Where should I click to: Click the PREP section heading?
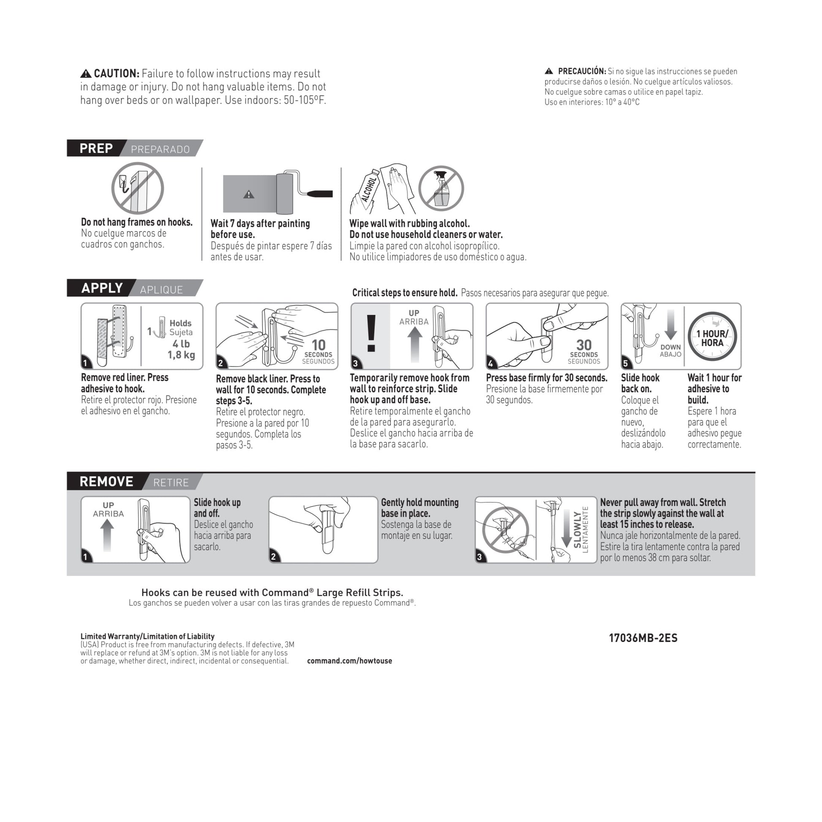pos(96,149)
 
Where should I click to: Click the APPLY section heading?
pos(102,288)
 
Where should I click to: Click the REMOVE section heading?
pos(106,481)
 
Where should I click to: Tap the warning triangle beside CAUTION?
pos(86,73)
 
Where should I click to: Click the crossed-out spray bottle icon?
pos(441,188)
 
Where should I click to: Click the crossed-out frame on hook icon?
pos(137,188)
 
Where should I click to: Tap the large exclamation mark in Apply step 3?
pos(371,334)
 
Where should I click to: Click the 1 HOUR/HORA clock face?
pos(712,337)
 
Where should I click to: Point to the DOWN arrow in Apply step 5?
pos(670,324)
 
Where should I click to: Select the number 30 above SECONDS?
pos(584,345)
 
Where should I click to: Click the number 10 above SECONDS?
pos(318,345)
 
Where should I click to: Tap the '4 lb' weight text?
pos(181,344)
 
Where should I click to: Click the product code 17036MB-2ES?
pos(643,638)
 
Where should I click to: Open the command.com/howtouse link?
pos(349,661)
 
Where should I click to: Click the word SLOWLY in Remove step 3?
pos(577,529)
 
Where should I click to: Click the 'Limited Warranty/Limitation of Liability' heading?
pos(148,637)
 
